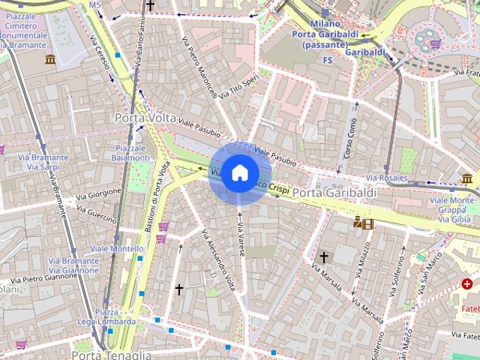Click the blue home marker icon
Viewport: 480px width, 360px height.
239,172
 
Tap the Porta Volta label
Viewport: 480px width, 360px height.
145,118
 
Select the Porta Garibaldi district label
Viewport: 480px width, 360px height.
334,193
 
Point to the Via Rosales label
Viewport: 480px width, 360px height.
387,178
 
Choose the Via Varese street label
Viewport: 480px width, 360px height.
241,239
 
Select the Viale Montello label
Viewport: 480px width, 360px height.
116,248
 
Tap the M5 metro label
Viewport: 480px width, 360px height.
94,5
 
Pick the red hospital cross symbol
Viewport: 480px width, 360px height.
466,283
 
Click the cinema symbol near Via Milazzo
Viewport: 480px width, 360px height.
362,223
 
